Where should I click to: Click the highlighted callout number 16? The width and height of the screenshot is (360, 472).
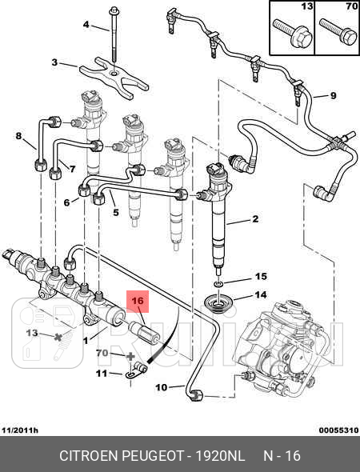click(138, 301)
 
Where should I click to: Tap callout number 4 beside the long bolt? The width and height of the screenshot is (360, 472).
click(86, 24)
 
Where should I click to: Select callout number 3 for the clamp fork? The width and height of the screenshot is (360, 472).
click(54, 62)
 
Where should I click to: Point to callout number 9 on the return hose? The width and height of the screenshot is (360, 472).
click(334, 95)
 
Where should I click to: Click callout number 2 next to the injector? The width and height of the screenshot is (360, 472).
click(255, 218)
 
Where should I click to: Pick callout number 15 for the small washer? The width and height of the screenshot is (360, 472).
click(261, 276)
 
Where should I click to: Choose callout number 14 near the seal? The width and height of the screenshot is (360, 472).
click(261, 294)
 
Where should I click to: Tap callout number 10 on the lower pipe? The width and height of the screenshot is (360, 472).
click(162, 387)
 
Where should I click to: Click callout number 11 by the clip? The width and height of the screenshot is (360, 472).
click(102, 374)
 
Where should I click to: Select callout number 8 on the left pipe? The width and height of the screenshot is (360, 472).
click(18, 136)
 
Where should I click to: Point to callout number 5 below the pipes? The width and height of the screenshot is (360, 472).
click(116, 213)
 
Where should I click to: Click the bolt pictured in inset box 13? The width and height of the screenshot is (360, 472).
click(292, 33)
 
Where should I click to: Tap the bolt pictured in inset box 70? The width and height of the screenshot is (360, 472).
click(338, 32)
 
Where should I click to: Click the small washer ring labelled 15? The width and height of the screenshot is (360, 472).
click(218, 283)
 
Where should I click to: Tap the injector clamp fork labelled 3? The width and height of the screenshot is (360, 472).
click(114, 78)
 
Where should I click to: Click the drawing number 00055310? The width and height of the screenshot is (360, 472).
click(338, 430)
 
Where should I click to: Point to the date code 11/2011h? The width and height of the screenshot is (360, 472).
click(20, 430)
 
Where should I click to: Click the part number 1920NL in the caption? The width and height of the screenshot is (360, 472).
click(220, 456)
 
